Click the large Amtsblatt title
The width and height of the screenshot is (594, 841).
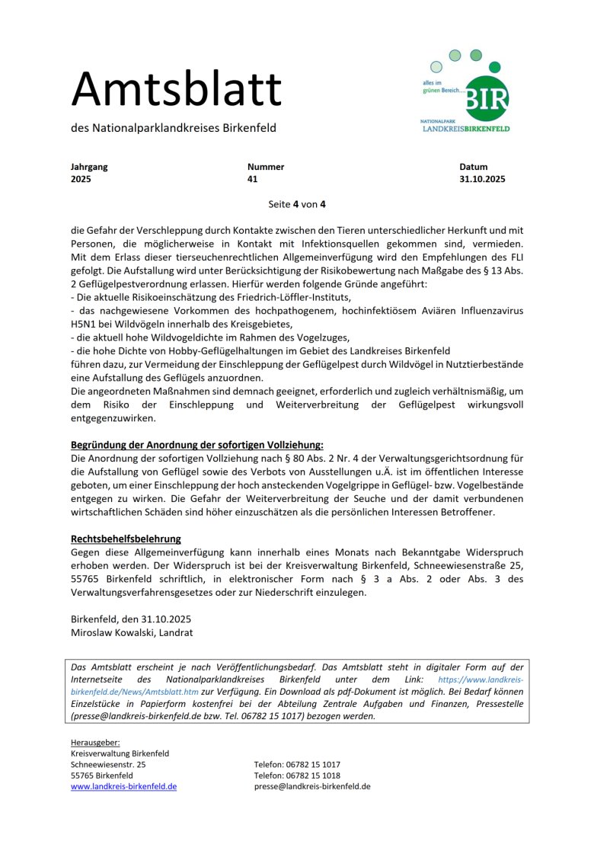point(177,89)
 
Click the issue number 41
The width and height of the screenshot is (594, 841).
point(253,180)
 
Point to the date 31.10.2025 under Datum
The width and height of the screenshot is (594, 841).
point(482,180)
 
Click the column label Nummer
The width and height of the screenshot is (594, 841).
point(266,167)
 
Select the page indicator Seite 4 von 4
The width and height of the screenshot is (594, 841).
point(297,204)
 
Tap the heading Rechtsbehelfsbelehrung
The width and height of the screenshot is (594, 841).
point(126,539)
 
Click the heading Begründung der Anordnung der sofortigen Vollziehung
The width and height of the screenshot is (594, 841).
point(197,444)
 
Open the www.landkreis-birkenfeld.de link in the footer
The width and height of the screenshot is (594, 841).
point(123,786)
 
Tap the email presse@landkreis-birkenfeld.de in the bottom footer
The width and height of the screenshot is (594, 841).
point(312,786)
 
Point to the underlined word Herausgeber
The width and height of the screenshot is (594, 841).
point(95,742)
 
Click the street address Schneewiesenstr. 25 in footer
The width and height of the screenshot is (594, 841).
point(108,764)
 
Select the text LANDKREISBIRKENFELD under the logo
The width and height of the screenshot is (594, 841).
point(466,129)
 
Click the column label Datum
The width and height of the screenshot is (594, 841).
point(474,167)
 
